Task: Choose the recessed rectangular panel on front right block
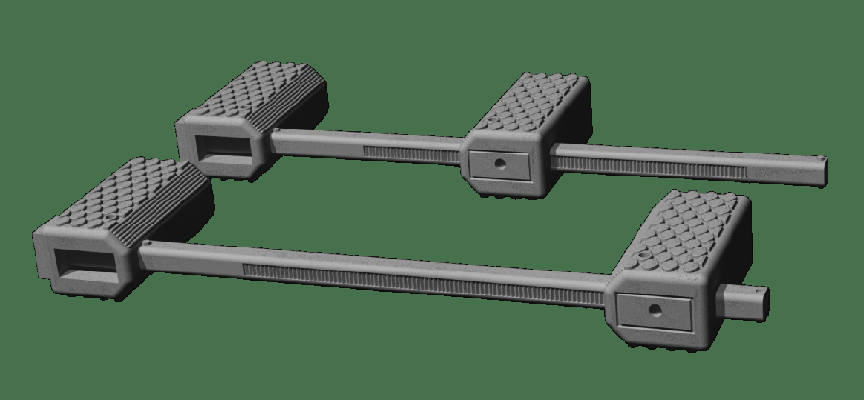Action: coord(654,310)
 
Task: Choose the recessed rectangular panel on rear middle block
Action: coord(498,164)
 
